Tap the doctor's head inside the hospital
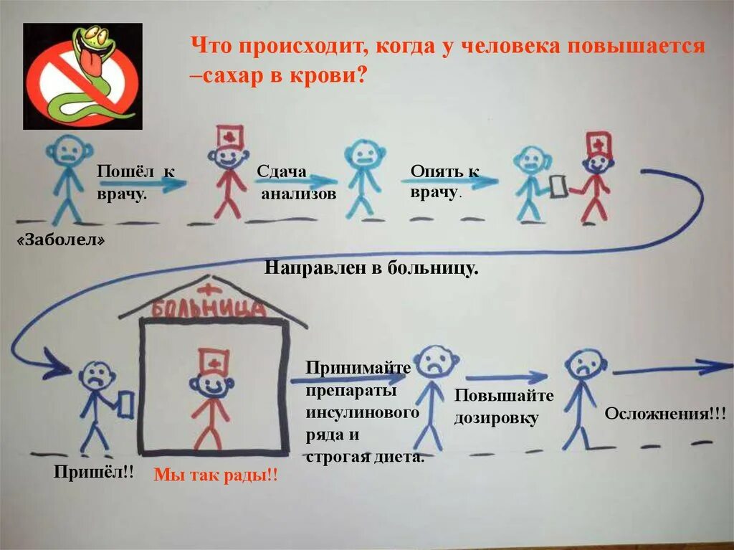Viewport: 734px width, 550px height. coord(211,384)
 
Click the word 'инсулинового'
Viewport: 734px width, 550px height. coord(362,414)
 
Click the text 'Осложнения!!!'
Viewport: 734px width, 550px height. coord(665,414)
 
